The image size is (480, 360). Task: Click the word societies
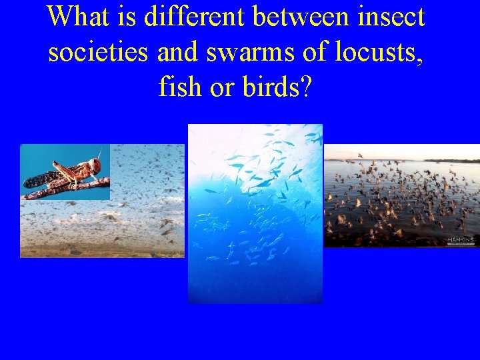pos(97,51)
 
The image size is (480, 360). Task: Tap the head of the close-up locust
pos(95,165)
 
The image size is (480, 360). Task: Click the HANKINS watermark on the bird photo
pos(461,240)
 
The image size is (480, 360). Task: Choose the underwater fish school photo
pos(255,227)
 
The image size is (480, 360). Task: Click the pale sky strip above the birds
pos(400,152)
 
